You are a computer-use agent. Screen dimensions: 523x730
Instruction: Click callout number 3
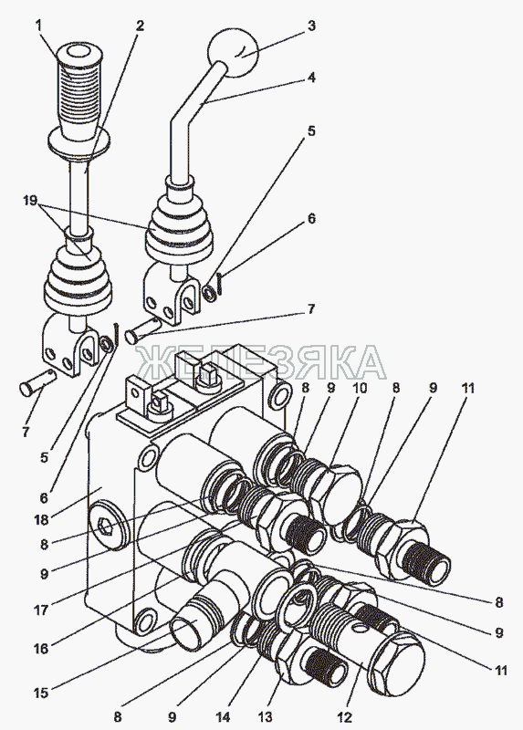point(311,26)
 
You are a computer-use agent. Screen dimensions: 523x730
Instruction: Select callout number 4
point(311,78)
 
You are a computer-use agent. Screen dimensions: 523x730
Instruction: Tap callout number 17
point(41,609)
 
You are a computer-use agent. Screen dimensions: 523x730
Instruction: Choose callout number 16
point(41,648)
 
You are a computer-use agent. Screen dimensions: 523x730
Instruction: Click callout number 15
point(41,693)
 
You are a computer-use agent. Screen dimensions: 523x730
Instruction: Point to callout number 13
point(266,717)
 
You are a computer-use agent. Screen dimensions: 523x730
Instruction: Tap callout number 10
point(359,387)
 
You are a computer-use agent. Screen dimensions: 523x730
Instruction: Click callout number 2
point(140,26)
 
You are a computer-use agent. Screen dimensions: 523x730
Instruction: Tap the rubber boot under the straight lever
point(78,280)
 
